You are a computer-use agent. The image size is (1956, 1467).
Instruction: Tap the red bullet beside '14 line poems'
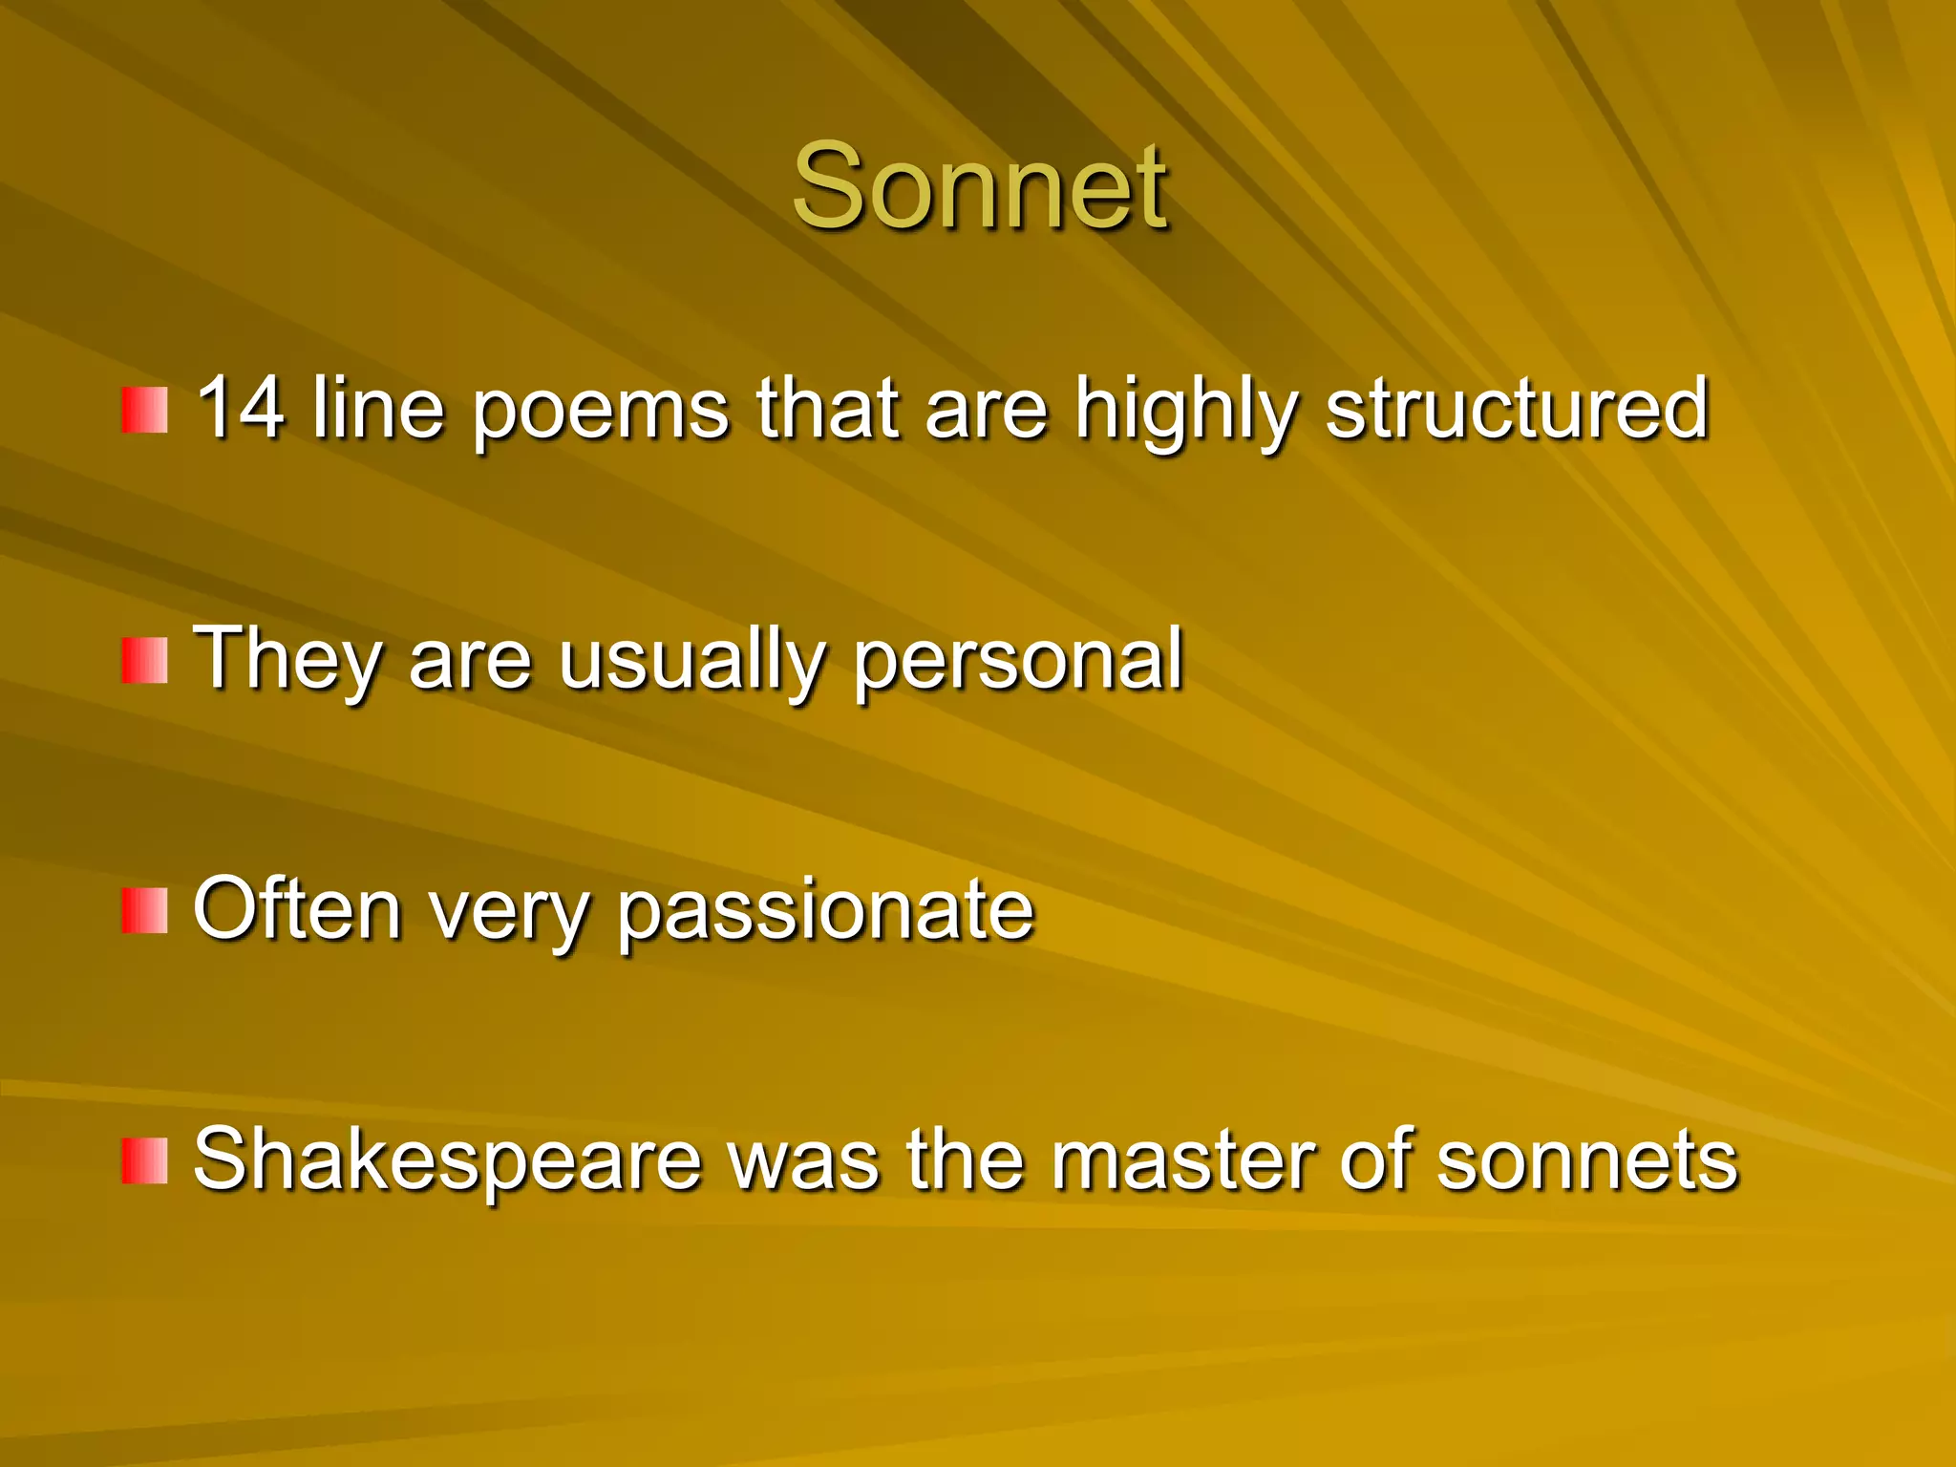[144, 410]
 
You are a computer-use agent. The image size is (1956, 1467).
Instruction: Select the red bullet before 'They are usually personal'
[144, 661]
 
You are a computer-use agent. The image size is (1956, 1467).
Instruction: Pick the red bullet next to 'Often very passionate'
[144, 910]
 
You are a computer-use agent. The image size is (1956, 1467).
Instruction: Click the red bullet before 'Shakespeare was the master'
[144, 1160]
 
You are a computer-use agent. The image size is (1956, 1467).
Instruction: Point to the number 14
[240, 408]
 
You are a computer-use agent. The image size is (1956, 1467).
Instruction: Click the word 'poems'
[601, 411]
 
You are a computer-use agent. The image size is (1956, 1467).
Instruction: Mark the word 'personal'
[1018, 661]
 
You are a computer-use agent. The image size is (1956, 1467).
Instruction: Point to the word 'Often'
[296, 909]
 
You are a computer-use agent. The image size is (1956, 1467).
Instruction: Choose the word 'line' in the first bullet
[378, 408]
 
